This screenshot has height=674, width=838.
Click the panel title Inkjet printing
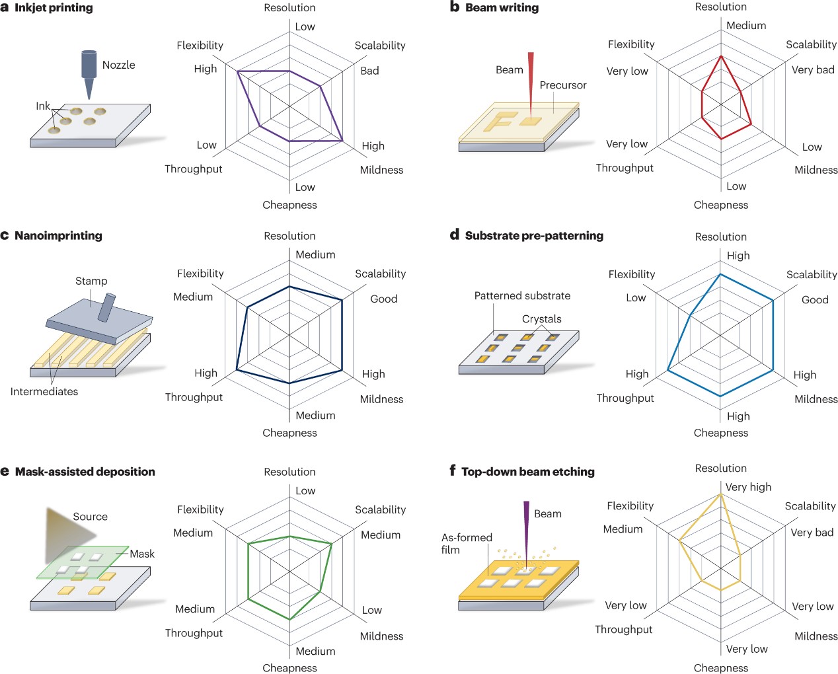pos(54,8)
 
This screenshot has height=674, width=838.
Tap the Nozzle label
pos(118,65)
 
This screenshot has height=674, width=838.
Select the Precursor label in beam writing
pos(562,85)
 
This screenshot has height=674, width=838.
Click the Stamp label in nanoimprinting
pos(91,281)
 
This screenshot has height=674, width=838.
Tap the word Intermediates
pos(44,391)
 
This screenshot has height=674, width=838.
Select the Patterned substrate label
pos(522,295)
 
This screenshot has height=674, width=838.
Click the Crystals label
pos(541,318)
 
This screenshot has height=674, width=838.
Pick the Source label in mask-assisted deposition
pos(90,517)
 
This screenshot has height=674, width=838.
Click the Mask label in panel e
pos(142,554)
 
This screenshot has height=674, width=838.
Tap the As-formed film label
pos(467,543)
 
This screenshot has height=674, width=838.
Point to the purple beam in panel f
pos(527,529)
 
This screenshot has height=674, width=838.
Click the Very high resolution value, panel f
pos(748,487)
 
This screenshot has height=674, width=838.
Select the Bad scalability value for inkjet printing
pos(369,71)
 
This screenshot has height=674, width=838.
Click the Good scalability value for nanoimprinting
pos(383,299)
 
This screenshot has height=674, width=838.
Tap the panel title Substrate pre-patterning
pos(534,235)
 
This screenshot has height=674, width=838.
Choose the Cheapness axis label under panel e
pos(289,668)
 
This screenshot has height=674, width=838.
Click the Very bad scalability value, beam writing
pos(813,70)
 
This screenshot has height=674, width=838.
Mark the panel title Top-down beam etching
pos(528,472)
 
